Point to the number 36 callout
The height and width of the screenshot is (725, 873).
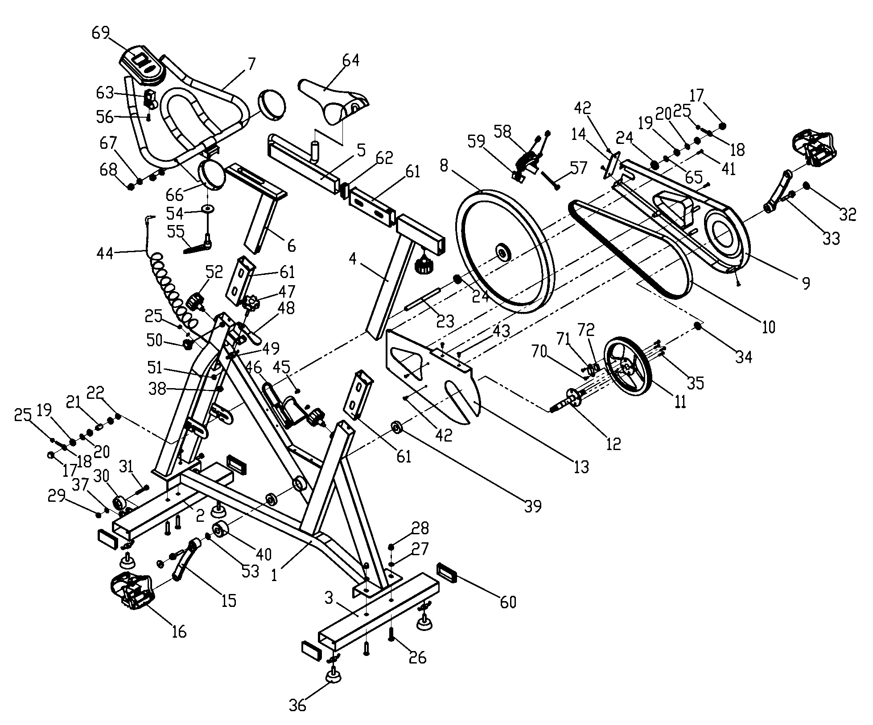tap(298, 705)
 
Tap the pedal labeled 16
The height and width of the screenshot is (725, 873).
tap(132, 590)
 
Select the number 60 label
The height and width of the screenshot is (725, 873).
tap(508, 602)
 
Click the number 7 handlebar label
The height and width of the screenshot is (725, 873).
tap(251, 65)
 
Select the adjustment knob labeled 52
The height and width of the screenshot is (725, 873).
tap(195, 301)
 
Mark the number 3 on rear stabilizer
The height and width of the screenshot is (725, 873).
tap(329, 598)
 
